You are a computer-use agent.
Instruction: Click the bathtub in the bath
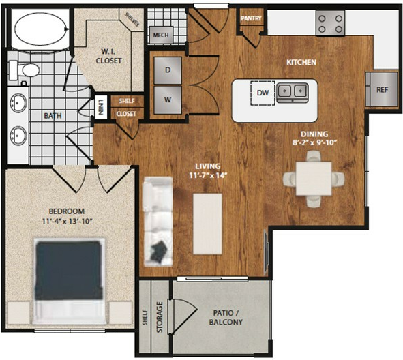(41, 29)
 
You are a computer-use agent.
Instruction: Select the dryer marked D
(168, 70)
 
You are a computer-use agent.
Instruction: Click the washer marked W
(168, 100)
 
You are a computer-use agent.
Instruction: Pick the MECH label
(161, 35)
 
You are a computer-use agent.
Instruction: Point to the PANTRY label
(251, 18)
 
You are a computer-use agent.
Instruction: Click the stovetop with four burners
(330, 22)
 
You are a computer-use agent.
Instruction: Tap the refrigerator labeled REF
(382, 89)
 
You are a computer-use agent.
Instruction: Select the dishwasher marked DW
(263, 93)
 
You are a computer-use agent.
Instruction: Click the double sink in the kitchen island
(293, 93)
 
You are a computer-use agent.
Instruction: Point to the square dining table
(314, 179)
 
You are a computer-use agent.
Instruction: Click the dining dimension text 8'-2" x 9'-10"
(314, 142)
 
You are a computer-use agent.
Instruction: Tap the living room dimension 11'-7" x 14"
(208, 175)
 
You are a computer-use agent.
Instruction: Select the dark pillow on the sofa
(159, 250)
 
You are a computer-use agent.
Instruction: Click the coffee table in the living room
(207, 224)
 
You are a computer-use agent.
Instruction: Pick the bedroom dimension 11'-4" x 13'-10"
(67, 221)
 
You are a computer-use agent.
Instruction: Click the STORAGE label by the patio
(160, 317)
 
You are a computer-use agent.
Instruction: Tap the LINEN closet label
(101, 107)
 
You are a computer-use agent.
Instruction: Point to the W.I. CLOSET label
(108, 57)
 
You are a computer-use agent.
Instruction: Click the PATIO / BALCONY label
(226, 317)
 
